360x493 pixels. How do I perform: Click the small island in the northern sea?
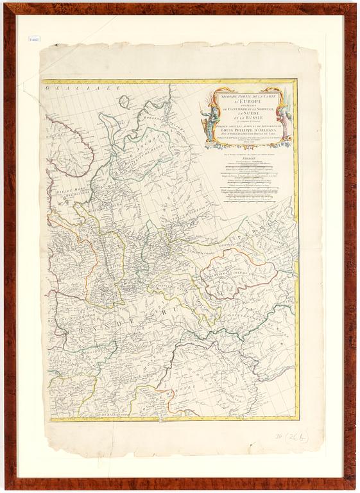coord(123,101)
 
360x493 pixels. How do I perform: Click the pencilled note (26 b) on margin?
coord(296,437)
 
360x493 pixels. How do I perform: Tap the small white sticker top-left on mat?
coord(34,39)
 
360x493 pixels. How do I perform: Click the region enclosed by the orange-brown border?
coord(237,273)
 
